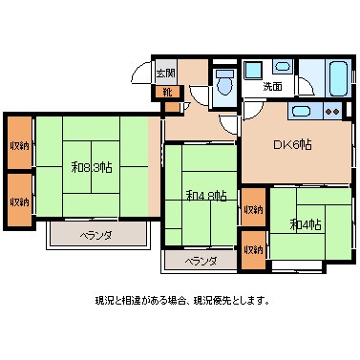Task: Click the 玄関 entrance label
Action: point(166,74)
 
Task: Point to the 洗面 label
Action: point(273,87)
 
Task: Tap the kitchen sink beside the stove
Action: point(303,113)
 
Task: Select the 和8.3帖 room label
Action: point(92,167)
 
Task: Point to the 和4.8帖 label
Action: point(205,196)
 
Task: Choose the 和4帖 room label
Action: point(306,224)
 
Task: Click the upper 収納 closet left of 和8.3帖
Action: point(19,145)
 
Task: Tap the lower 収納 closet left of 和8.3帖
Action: point(19,201)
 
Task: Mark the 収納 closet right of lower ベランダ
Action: point(252,249)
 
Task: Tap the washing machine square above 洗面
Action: point(253,71)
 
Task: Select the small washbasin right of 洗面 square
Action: point(284,69)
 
